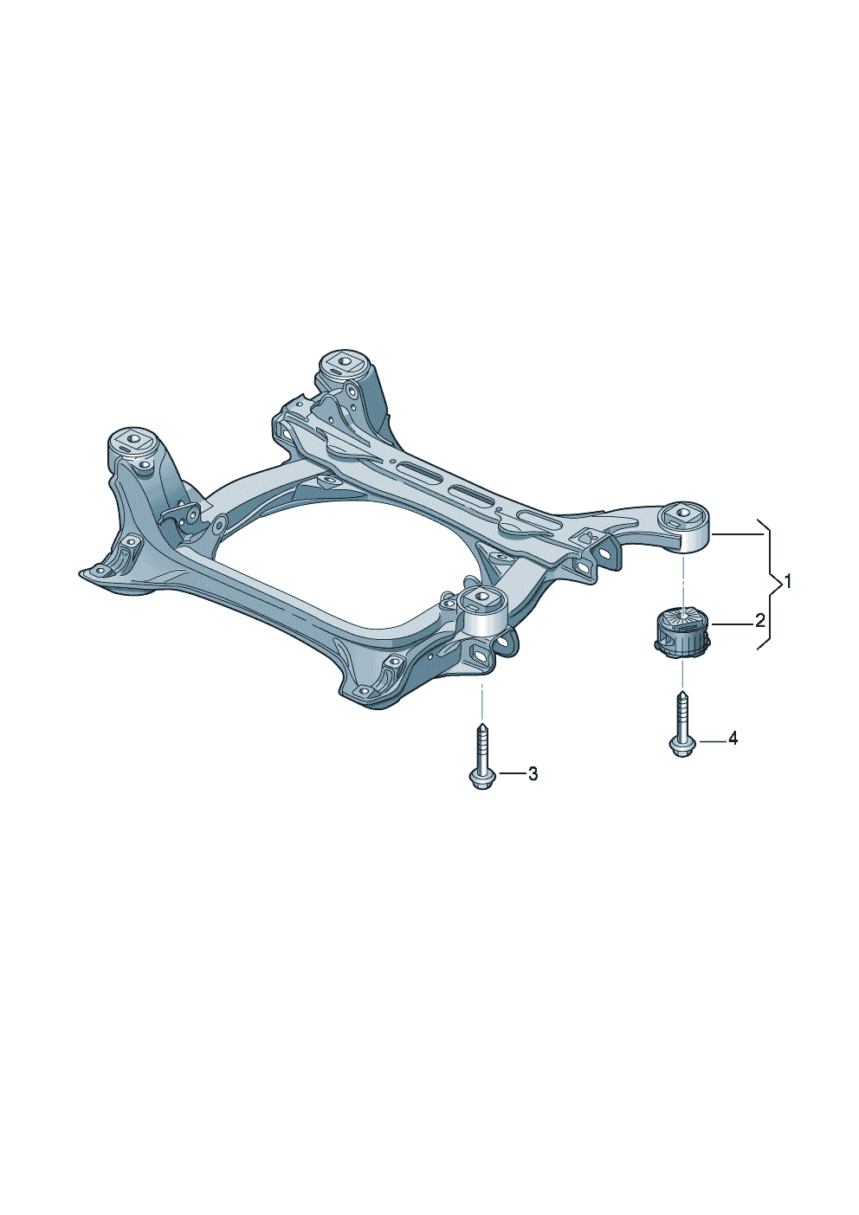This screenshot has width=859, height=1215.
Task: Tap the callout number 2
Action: click(759, 620)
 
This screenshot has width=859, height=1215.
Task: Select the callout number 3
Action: click(533, 774)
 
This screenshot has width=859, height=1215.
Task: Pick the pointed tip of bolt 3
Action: click(481, 723)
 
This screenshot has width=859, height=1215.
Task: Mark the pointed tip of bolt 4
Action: click(682, 690)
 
